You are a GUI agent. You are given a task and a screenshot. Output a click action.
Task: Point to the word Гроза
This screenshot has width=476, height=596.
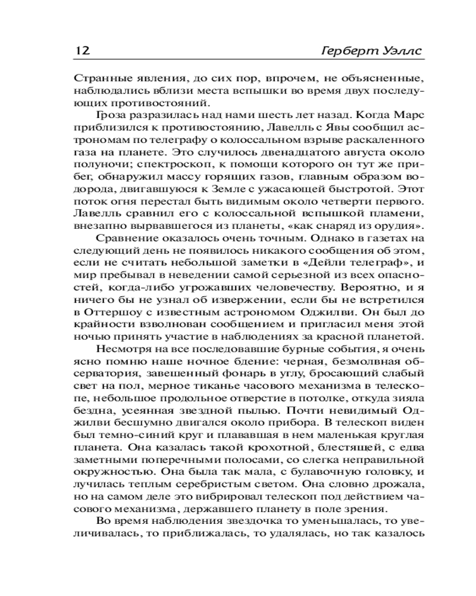click(x=113, y=116)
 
